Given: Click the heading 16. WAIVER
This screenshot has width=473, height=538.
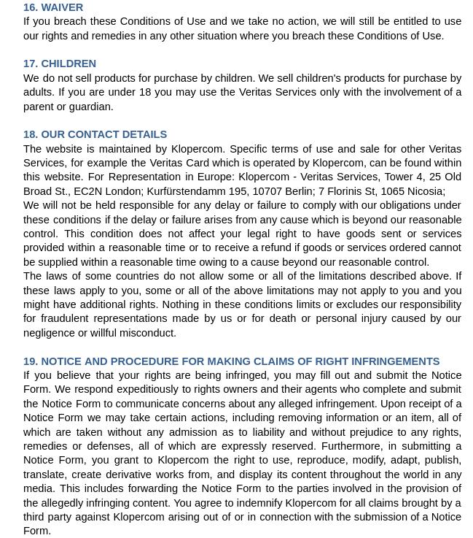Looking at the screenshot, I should pyautogui.click(x=53, y=7).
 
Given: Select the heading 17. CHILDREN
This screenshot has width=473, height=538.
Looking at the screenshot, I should pyautogui.click(x=60, y=64).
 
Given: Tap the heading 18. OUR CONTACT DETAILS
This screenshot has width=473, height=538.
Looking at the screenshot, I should pyautogui.click(x=95, y=134).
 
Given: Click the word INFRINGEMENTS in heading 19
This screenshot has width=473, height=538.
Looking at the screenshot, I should pyautogui.click(x=396, y=361).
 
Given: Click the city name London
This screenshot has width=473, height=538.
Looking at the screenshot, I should pyautogui.click(x=123, y=191).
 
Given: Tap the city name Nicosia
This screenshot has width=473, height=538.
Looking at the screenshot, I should pyautogui.click(x=426, y=191).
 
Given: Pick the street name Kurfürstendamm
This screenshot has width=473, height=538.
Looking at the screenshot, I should pyautogui.click(x=186, y=191).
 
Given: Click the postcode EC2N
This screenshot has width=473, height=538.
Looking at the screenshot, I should pyautogui.click(x=87, y=191).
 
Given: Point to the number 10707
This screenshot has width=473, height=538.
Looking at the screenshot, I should pyautogui.click(x=267, y=191).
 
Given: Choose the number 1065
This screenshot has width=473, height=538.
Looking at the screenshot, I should pyautogui.click(x=392, y=191).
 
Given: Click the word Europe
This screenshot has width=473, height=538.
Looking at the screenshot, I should pyautogui.click(x=215, y=177).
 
